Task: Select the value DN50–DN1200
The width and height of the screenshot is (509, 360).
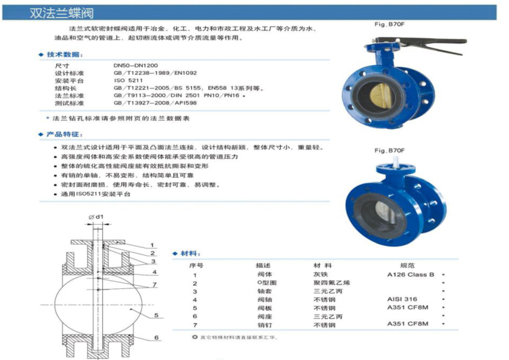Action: pos(135,66)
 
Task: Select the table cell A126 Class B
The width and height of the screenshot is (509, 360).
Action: pos(411,275)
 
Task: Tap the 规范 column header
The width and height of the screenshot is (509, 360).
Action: pos(407,266)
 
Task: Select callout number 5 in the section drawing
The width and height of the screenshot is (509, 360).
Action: pos(156,315)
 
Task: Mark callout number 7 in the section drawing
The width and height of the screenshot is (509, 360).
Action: pos(154,284)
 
